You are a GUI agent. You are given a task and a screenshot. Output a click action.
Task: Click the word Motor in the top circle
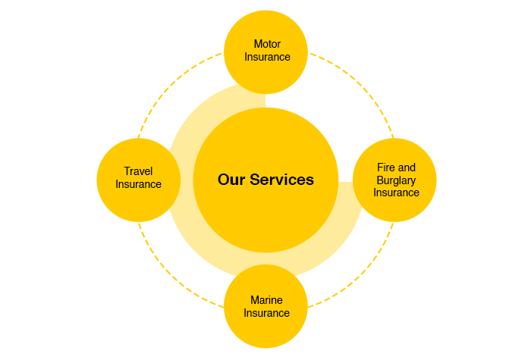pos(267,44)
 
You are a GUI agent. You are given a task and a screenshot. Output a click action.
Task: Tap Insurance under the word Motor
pos(267,57)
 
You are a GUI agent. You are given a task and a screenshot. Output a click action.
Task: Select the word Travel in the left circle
pos(138,171)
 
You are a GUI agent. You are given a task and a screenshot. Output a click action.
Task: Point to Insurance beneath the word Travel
pos(138,184)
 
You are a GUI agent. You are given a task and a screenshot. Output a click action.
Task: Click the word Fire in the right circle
pos(385,167)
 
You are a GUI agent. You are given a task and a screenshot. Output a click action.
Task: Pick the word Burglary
pos(396,180)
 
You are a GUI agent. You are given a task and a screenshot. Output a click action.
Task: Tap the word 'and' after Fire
pos(407,167)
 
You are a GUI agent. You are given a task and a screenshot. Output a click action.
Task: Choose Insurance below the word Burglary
pos(396,193)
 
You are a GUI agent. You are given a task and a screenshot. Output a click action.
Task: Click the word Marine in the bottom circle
pos(266,300)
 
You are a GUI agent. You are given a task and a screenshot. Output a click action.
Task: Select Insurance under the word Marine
pos(266,313)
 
